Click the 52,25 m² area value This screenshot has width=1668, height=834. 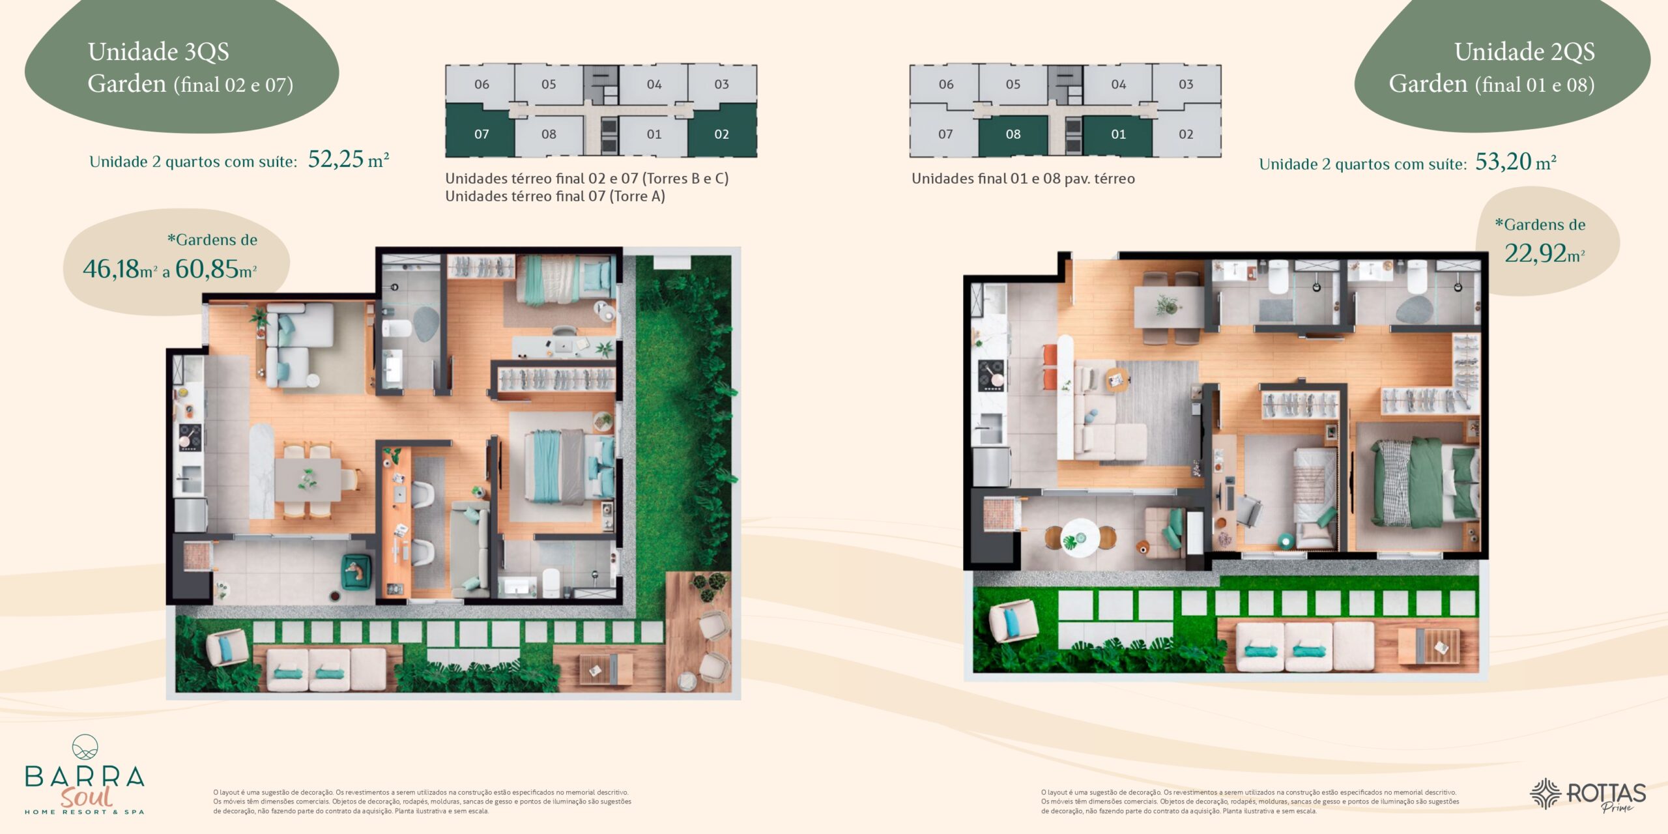349,159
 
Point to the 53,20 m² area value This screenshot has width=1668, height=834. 1516,162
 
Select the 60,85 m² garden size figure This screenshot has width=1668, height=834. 216,268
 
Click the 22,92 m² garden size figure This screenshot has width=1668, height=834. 1544,253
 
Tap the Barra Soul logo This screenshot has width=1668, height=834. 85,775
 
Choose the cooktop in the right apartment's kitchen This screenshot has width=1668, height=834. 991,375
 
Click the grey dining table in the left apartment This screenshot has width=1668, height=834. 308,480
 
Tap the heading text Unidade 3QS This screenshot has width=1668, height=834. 158,51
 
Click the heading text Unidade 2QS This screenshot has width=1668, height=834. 1525,51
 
